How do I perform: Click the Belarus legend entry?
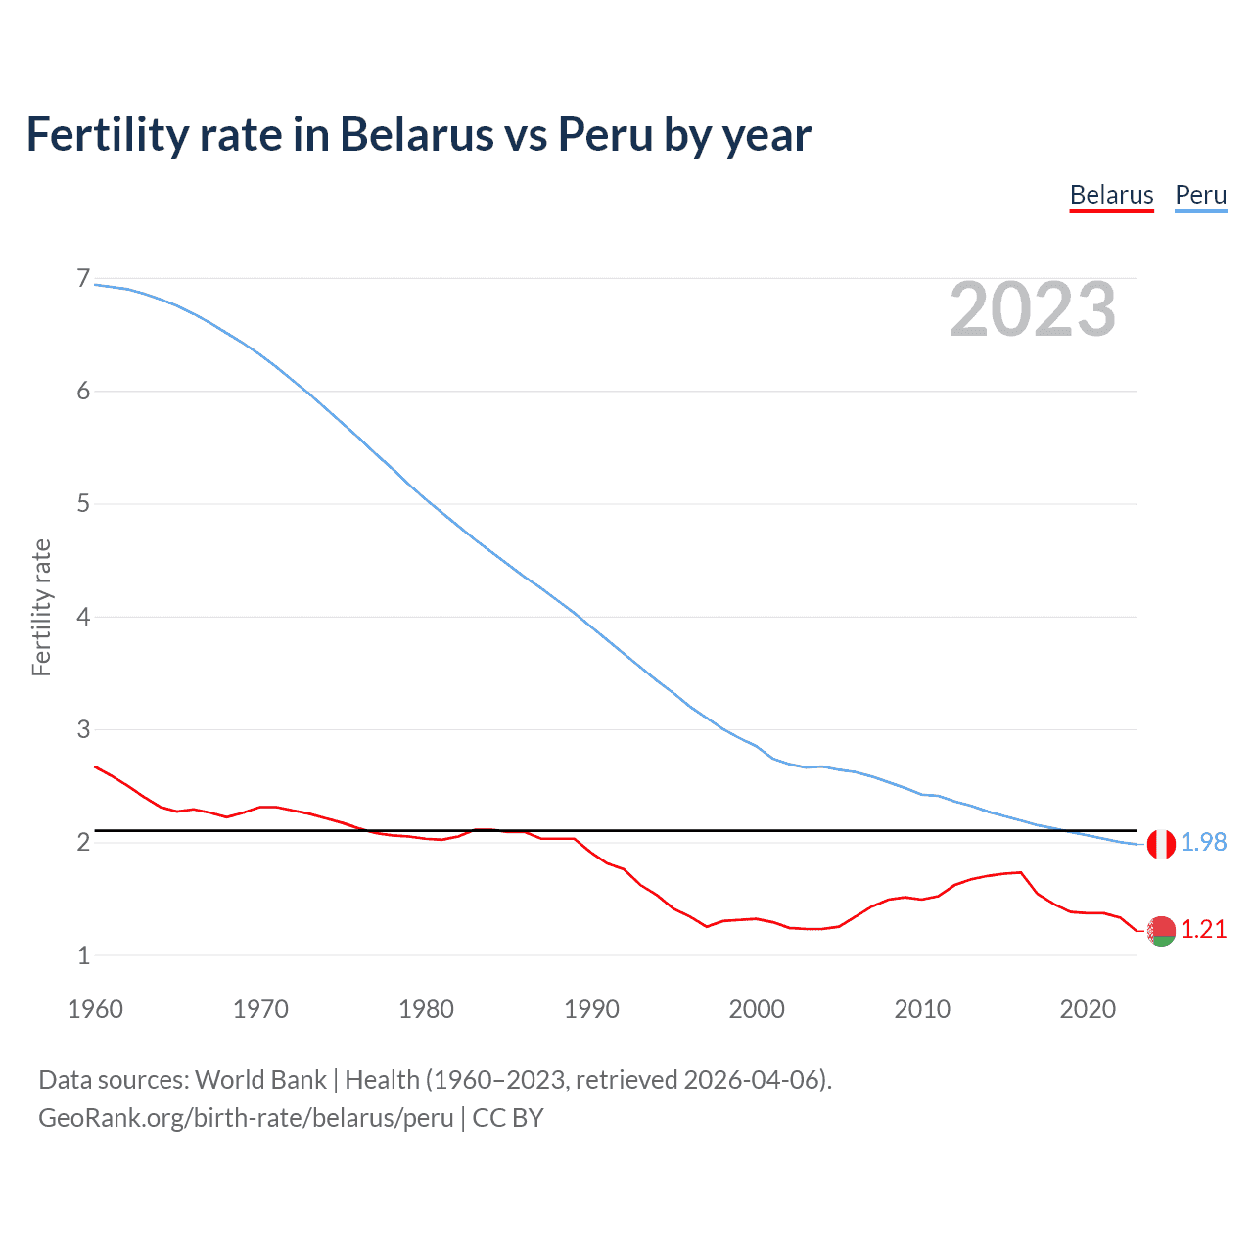[x=1111, y=195]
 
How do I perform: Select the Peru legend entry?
[x=1200, y=195]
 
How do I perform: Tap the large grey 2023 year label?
[x=1032, y=309]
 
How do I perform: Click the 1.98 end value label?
[x=1203, y=842]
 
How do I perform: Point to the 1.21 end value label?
[x=1203, y=929]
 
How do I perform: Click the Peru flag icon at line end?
[x=1161, y=843]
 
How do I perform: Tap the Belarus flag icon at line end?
[x=1161, y=931]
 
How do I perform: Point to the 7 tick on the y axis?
[x=83, y=279]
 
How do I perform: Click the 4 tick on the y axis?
[x=83, y=617]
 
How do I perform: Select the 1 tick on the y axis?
[x=83, y=955]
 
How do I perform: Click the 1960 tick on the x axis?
[x=95, y=1009]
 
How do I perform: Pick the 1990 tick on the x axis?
[x=591, y=1009]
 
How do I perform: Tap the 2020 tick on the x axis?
[x=1088, y=1009]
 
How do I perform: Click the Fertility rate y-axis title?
[x=41, y=607]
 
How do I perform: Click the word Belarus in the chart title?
[x=416, y=135]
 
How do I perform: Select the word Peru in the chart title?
[x=606, y=135]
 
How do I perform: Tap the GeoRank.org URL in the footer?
[x=246, y=1118]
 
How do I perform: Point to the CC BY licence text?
[x=507, y=1118]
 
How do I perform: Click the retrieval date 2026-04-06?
[x=751, y=1080]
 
